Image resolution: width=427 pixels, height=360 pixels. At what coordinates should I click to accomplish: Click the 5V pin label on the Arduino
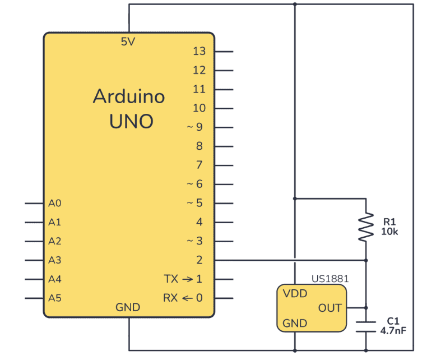[128, 41]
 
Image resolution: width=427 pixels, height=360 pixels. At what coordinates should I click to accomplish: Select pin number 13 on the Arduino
[199, 51]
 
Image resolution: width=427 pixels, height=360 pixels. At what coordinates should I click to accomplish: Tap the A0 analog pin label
[55, 204]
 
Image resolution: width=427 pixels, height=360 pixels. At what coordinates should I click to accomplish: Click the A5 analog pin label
[55, 298]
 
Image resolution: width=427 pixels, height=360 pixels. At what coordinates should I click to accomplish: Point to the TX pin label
[171, 279]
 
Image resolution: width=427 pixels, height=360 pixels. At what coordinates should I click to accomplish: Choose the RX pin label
[170, 298]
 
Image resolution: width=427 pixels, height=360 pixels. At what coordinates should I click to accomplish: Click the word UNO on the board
[131, 121]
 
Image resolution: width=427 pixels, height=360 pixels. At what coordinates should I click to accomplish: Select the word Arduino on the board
[129, 96]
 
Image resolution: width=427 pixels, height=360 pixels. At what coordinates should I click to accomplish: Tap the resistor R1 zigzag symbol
[366, 227]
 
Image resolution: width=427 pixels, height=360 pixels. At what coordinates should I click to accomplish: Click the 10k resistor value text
[389, 232]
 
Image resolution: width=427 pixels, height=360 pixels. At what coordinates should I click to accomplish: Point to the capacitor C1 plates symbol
[366, 327]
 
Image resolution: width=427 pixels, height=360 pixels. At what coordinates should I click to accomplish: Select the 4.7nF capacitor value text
[393, 331]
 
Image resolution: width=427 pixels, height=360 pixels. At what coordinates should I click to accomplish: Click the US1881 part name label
[330, 279]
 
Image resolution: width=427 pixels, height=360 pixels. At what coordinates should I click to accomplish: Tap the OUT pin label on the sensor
[330, 308]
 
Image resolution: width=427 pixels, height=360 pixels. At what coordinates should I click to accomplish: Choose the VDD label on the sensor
[295, 293]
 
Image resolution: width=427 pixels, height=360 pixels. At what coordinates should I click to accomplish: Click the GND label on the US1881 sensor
[295, 323]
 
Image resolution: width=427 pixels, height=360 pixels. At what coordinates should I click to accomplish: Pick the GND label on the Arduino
[128, 307]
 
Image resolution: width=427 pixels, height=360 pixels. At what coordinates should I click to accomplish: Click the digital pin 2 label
[199, 260]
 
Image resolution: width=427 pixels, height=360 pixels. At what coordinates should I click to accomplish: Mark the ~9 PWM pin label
[194, 127]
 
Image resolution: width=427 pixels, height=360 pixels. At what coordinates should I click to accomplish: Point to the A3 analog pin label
[55, 260]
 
